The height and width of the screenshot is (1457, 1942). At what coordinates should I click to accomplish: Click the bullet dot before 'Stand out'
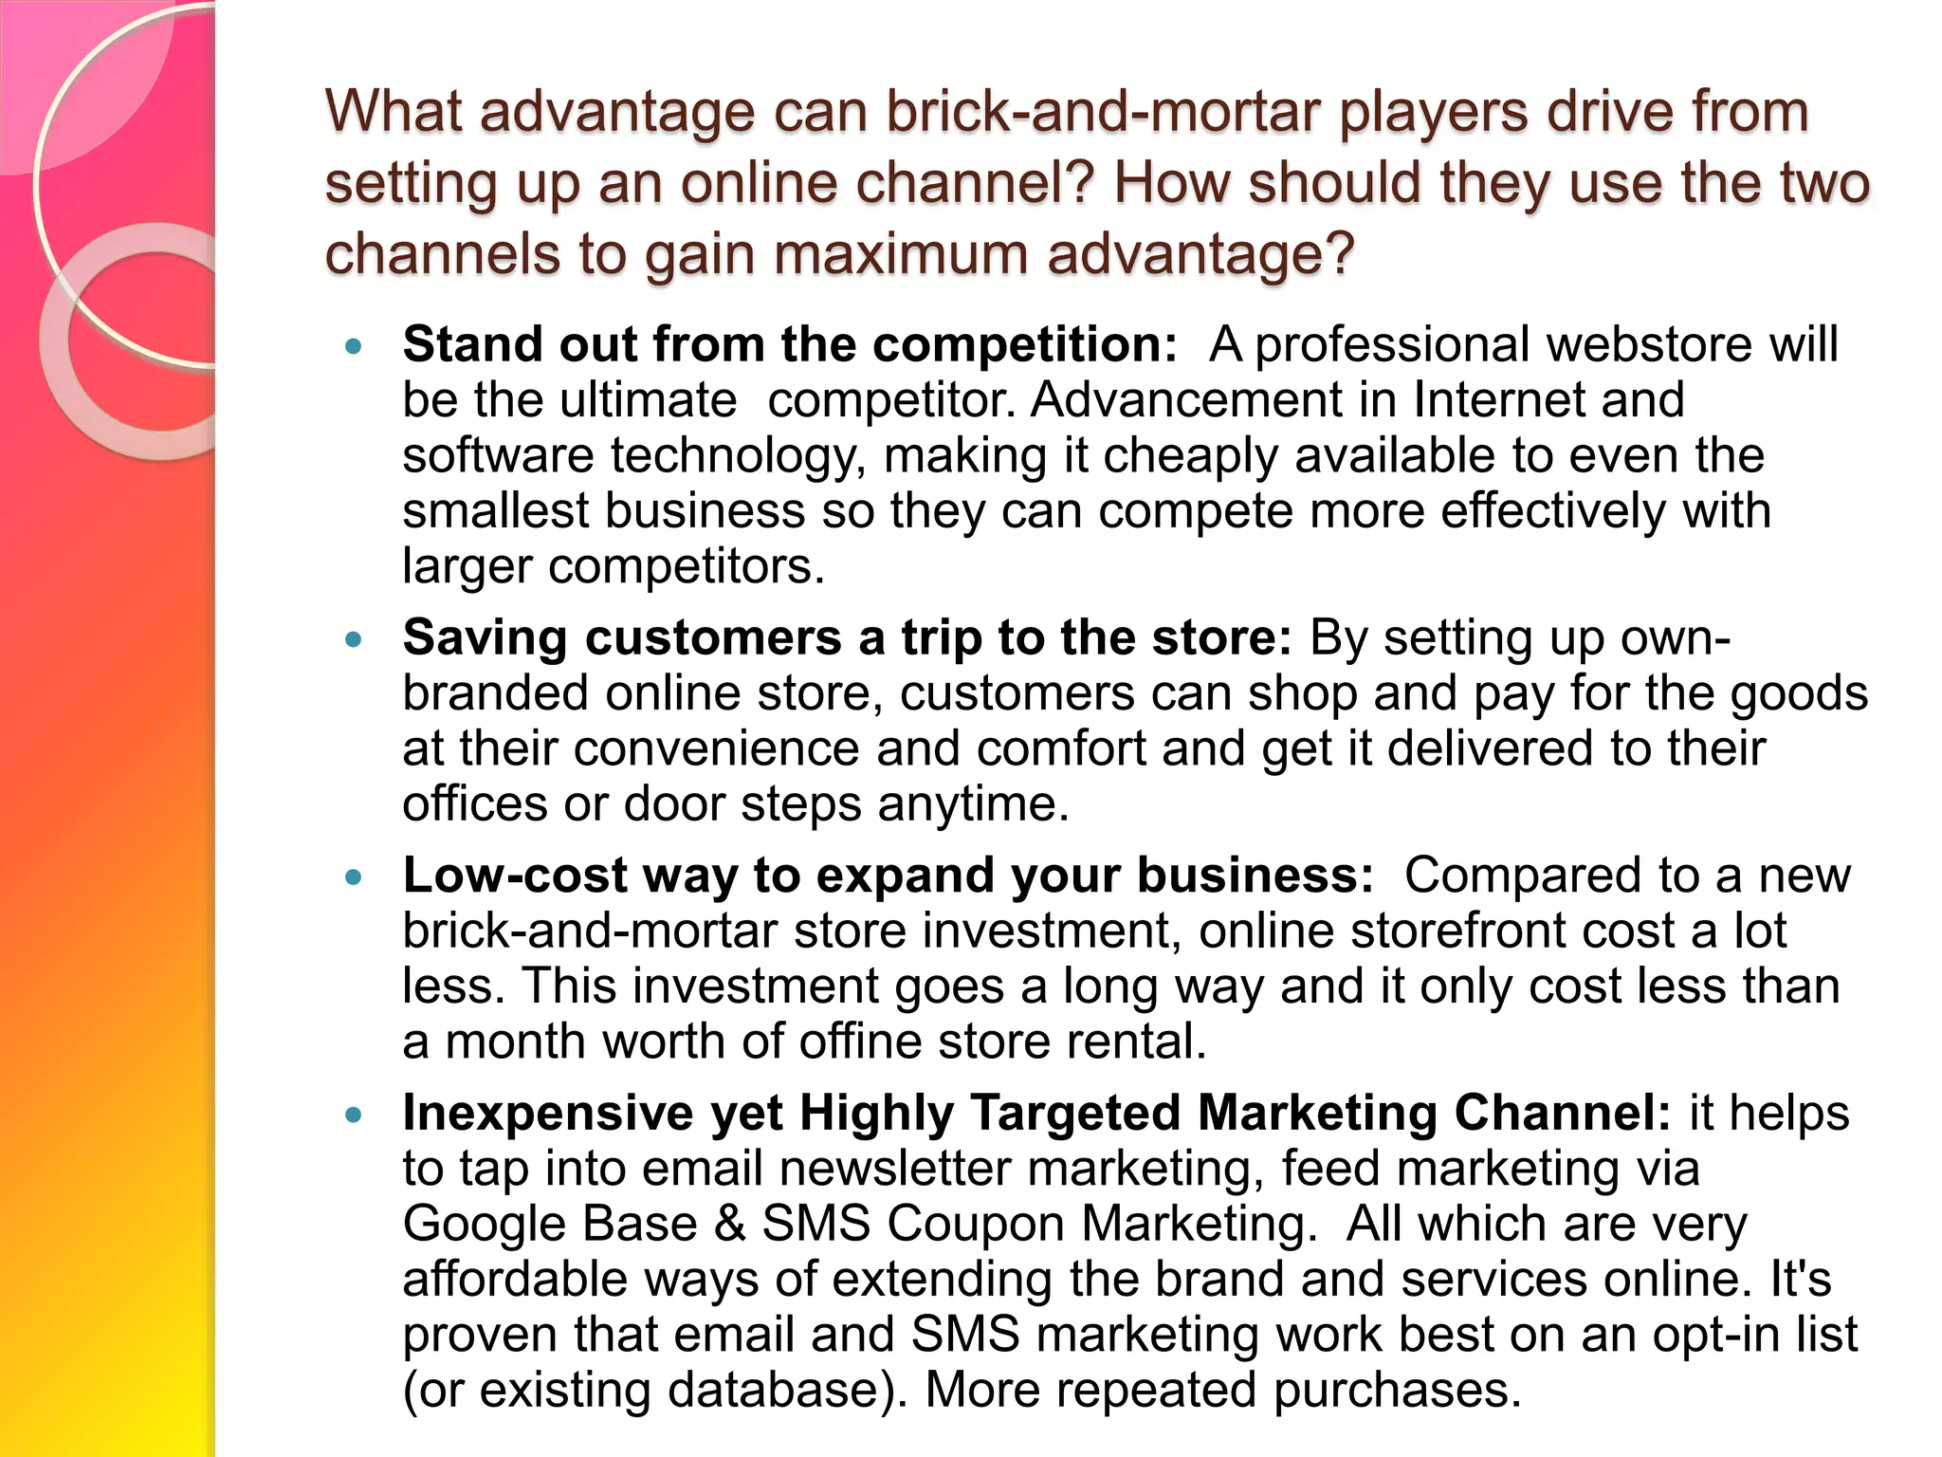(354, 346)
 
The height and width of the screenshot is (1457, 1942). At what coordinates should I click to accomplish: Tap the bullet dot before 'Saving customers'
(354, 640)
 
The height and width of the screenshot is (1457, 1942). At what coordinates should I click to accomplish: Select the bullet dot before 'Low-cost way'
(354, 877)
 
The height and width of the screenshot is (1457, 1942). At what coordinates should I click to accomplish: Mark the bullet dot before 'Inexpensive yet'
(354, 1115)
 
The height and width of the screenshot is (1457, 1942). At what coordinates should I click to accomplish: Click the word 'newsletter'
(895, 1168)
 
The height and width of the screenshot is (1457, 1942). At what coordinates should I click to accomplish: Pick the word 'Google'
(484, 1224)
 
